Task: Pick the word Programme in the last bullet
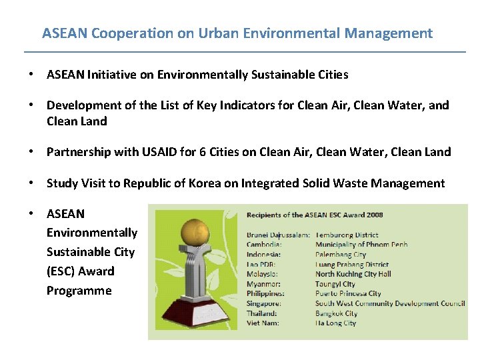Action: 79,291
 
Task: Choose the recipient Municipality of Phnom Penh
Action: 361,245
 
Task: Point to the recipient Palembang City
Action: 341,255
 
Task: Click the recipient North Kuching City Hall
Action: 353,274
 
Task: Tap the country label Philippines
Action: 265,293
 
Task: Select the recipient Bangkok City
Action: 336,313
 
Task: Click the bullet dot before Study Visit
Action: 31,183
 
